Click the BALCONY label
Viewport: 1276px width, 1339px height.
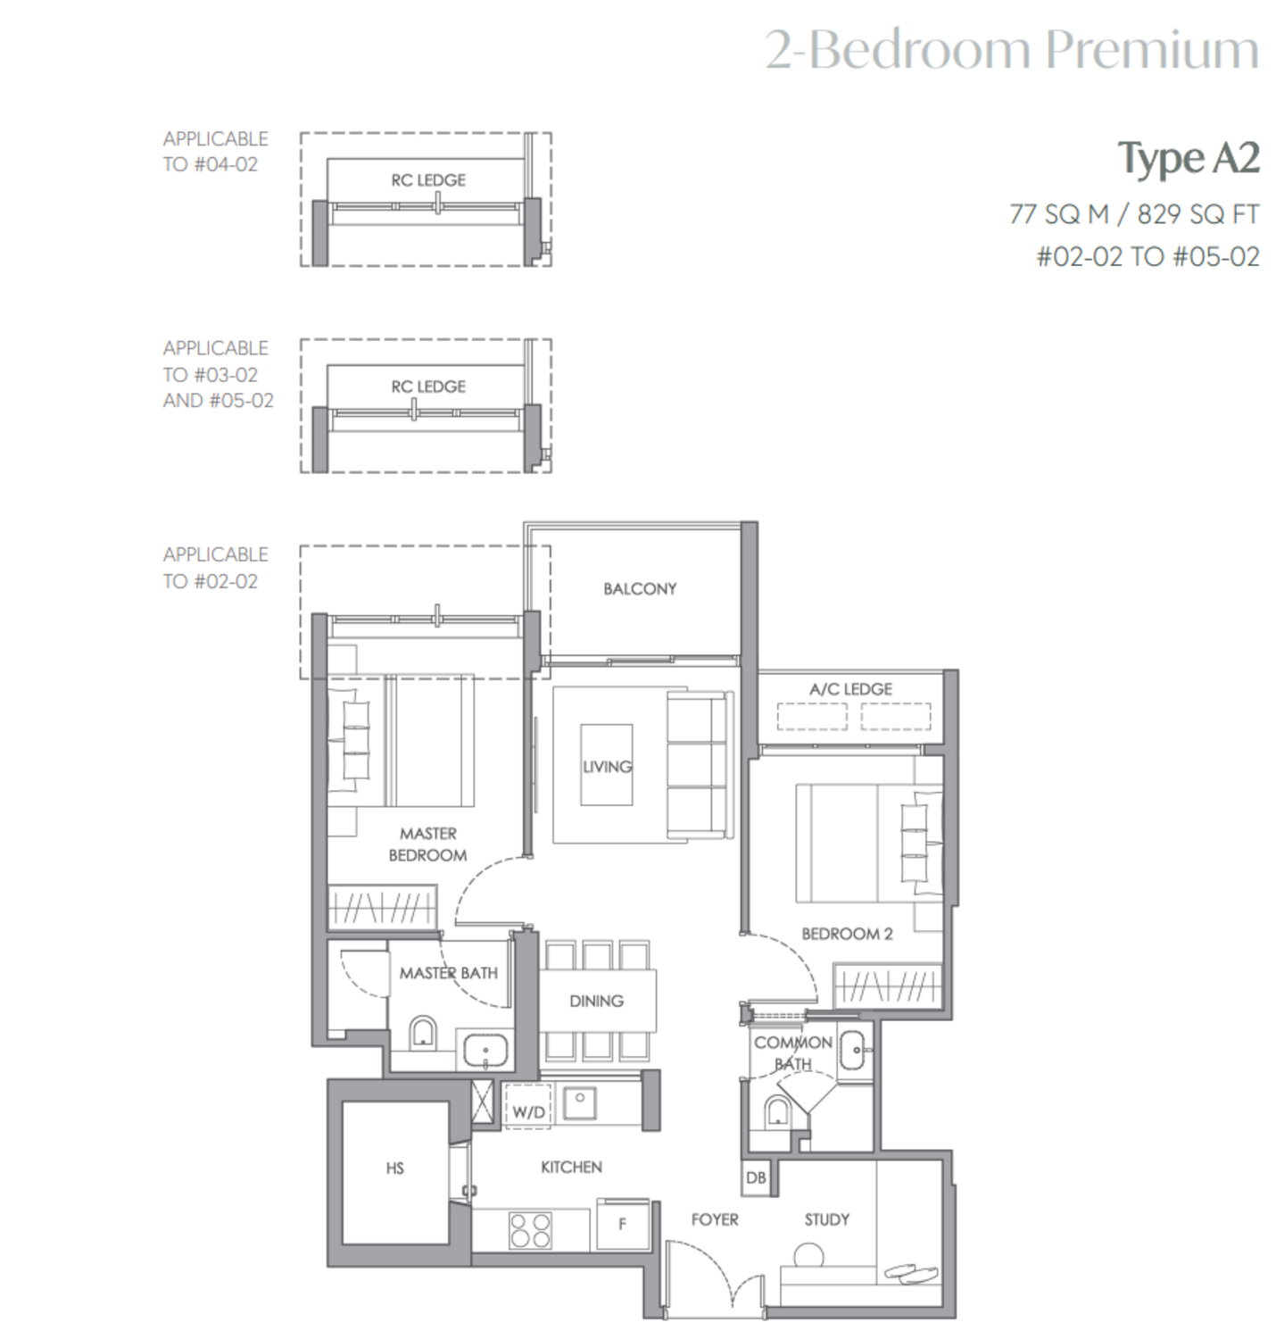click(640, 588)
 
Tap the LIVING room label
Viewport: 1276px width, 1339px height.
click(607, 766)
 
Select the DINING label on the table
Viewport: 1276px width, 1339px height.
click(596, 1001)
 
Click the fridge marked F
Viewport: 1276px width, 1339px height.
click(622, 1224)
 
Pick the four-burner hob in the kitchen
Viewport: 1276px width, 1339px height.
click(530, 1231)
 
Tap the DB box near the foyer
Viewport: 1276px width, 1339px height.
click(756, 1177)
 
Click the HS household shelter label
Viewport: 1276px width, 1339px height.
click(395, 1169)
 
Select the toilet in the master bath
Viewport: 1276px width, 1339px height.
click(423, 1034)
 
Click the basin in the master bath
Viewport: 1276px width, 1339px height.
click(485, 1050)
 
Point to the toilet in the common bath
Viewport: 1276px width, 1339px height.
click(776, 1110)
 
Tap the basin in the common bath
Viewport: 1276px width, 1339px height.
click(852, 1050)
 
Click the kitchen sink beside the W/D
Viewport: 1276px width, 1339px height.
click(579, 1102)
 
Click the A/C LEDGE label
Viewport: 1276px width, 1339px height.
click(850, 689)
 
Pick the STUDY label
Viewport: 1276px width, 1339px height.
click(826, 1219)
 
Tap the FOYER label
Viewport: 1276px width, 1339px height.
click(714, 1219)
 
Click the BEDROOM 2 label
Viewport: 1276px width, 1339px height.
click(847, 934)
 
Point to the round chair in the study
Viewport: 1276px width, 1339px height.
click(809, 1255)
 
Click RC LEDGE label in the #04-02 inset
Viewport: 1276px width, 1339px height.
click(428, 180)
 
